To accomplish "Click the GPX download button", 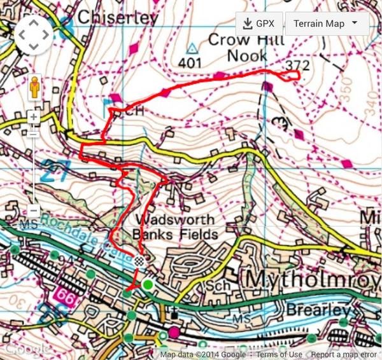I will click(258, 24).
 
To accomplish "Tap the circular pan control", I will click(35, 36).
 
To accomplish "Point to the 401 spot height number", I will click(190, 63).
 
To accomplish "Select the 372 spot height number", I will click(298, 65).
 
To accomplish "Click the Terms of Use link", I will click(279, 355).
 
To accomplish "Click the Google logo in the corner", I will click(25, 349).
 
